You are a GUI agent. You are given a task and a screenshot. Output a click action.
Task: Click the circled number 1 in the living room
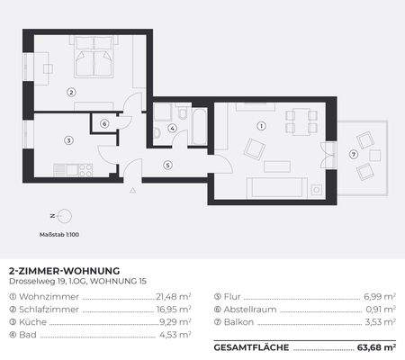coord(262,126)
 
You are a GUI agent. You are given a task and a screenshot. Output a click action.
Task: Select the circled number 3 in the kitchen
coord(67,139)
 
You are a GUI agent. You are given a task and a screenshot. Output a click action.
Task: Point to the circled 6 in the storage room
coord(104,124)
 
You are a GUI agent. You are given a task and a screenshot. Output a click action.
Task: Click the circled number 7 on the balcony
coord(354,154)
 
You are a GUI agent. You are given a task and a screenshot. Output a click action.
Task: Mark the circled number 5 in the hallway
coord(167,165)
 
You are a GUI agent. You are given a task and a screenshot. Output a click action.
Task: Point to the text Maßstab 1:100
coord(60,234)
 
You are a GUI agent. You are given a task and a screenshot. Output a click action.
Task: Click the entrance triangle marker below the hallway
coord(133,191)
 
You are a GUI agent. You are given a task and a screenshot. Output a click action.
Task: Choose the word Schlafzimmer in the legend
coord(40,307)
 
